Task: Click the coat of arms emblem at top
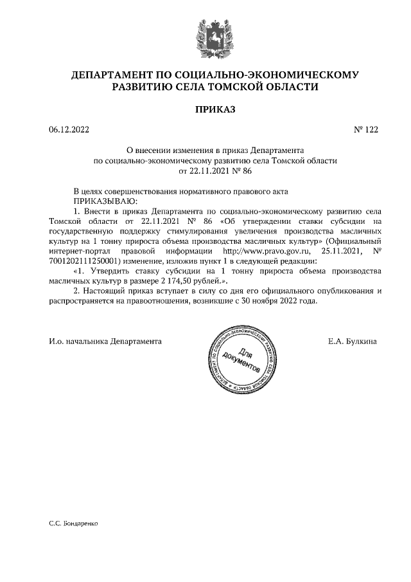point(206,35)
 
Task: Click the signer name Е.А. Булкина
point(352,340)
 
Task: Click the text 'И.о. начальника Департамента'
point(105,340)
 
